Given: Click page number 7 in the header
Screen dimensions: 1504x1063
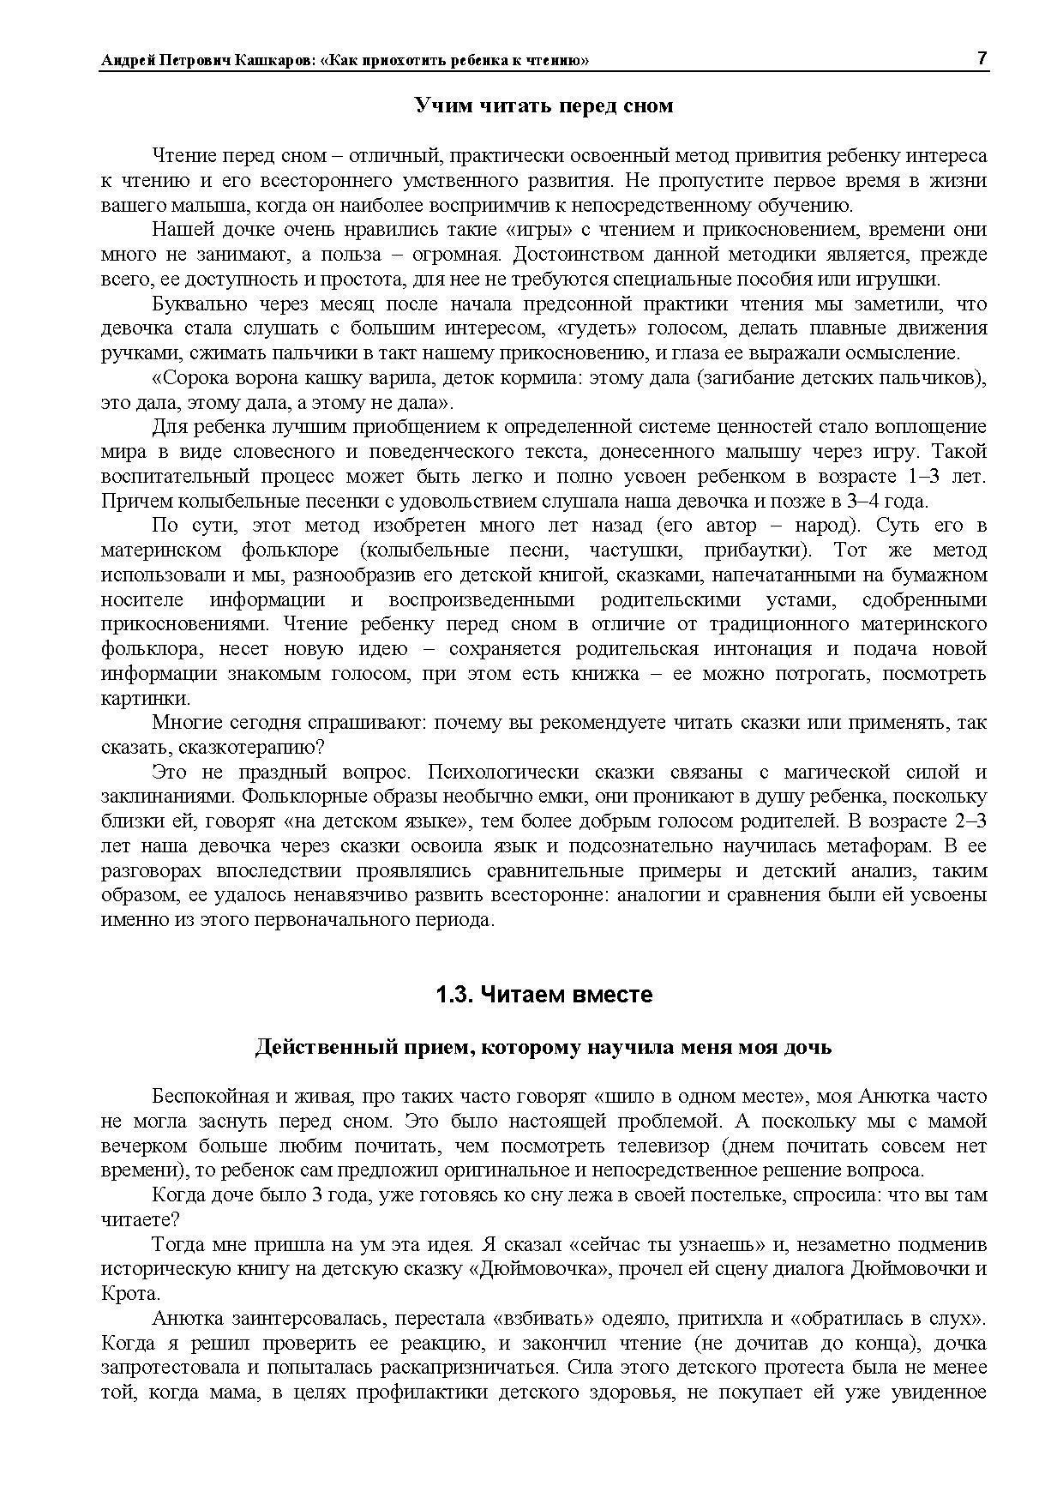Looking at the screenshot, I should pyautogui.click(x=982, y=58).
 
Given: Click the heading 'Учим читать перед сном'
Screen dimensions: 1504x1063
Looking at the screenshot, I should pyautogui.click(x=544, y=106).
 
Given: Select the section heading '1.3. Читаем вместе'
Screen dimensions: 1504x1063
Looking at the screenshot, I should pyautogui.click(x=544, y=995).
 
